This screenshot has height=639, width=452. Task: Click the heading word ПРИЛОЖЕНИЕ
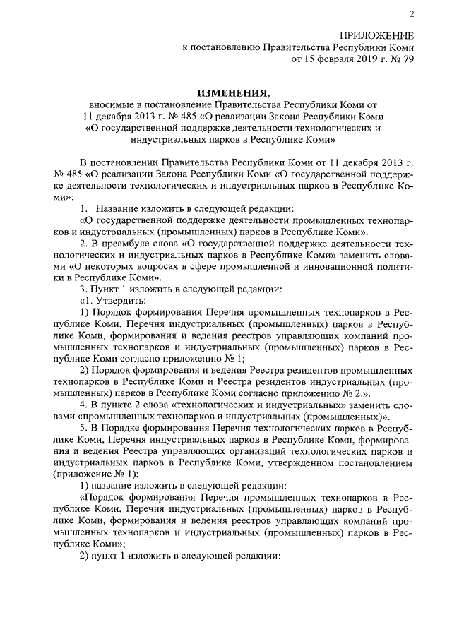point(378,36)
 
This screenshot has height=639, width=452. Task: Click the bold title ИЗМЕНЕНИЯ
point(233,92)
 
